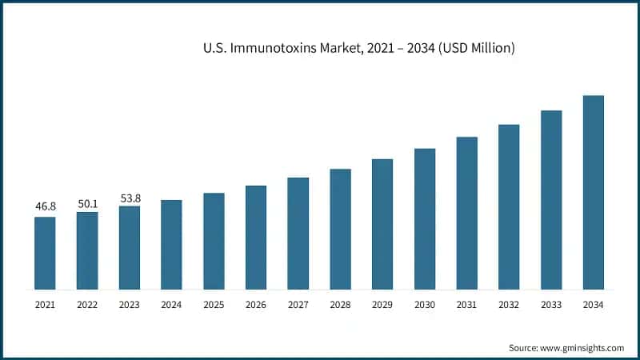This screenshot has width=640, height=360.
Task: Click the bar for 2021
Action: point(45,253)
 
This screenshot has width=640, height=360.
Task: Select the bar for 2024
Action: point(171,244)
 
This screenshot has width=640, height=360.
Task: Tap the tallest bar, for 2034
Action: point(593,192)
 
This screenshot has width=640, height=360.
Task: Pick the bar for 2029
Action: point(382,224)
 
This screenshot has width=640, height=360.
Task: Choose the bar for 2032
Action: point(509,206)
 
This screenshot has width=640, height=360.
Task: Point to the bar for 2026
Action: point(256,237)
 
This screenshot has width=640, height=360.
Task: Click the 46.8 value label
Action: point(45,206)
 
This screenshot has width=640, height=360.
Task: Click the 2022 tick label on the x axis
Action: point(87,305)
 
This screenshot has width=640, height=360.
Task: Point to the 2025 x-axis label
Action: point(214,305)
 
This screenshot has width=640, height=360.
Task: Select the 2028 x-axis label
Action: point(340,305)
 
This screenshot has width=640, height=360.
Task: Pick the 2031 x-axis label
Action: point(466,305)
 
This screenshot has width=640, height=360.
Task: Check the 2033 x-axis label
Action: point(551,305)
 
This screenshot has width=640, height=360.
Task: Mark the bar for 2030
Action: point(425,218)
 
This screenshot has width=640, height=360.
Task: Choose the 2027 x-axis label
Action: point(298,305)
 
